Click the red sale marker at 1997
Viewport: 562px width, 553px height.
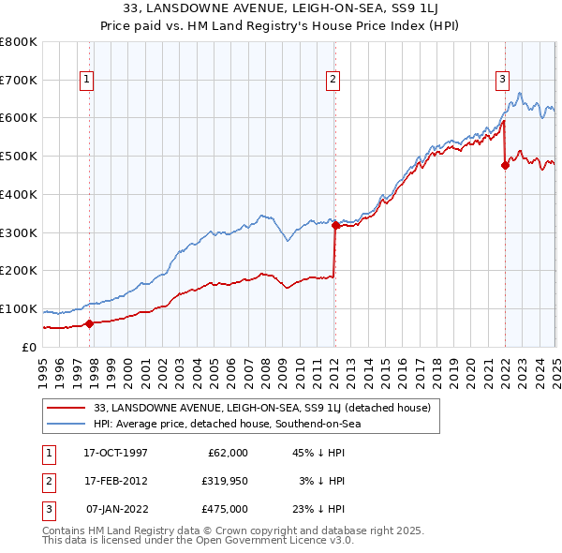(89, 324)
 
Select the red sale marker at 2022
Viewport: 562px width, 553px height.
(505, 166)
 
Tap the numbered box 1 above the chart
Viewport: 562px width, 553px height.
(86, 81)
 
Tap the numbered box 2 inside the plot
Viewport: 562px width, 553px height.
(333, 81)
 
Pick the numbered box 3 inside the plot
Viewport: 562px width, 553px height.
(502, 81)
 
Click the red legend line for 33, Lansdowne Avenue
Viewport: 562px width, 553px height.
(67, 408)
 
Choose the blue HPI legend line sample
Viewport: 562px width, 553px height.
(67, 424)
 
